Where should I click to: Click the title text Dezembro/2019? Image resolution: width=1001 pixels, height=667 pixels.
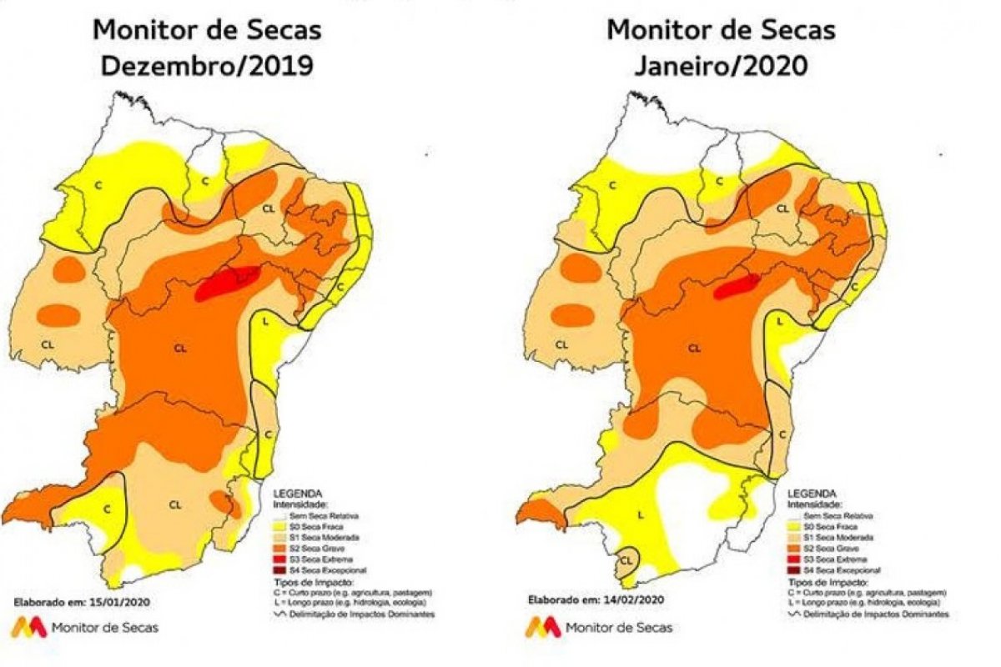207,65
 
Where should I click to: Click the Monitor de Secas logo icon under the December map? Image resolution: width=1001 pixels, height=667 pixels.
28,627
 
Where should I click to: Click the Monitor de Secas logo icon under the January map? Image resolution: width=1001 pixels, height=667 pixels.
542,627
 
